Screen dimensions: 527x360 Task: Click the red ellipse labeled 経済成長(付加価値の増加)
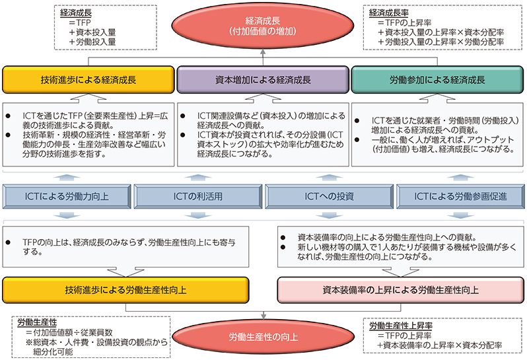click(x=263, y=26)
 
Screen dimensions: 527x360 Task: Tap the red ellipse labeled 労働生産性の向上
click(x=263, y=337)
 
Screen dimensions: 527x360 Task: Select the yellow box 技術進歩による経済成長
click(x=88, y=80)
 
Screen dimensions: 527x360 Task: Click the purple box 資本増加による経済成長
click(x=263, y=80)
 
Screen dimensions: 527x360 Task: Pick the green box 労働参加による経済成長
click(x=437, y=80)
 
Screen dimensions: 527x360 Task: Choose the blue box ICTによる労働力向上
click(x=67, y=196)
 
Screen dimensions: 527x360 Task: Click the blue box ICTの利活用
click(x=198, y=196)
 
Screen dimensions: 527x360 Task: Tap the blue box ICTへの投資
click(x=330, y=196)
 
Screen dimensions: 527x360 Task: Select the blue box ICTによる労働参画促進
click(x=460, y=196)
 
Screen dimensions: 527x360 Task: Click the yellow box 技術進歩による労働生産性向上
click(x=125, y=290)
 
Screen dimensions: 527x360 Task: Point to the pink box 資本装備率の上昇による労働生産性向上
click(x=401, y=290)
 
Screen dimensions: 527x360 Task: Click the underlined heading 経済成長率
click(x=388, y=13)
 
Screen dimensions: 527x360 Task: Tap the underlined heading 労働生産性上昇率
click(x=401, y=326)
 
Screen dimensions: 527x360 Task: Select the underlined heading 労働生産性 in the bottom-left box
click(x=37, y=322)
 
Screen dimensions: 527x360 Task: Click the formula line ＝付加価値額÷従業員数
click(x=69, y=332)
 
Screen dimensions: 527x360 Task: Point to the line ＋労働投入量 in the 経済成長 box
click(x=92, y=42)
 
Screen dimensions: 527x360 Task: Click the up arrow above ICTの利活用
click(x=198, y=178)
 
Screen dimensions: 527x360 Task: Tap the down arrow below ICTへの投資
click(x=330, y=215)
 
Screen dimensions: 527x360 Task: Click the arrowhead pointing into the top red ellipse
click(x=263, y=52)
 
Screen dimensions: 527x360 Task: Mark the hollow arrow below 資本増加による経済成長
click(x=263, y=98)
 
